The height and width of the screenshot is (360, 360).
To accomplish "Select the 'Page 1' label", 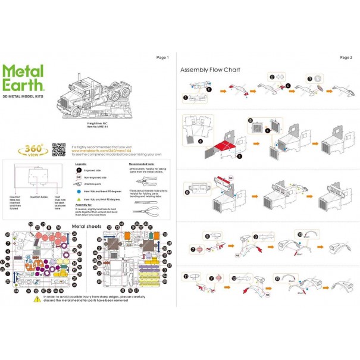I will pos(162,58).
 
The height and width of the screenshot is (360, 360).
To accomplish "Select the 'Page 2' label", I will pos(346,58).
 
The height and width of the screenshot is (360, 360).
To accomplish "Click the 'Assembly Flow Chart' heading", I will pos(210,70).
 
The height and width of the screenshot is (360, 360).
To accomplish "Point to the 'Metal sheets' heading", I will pos(87,227).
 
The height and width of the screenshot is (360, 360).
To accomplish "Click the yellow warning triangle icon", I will pos(37,300).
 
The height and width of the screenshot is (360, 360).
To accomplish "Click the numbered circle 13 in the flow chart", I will pos(277,277).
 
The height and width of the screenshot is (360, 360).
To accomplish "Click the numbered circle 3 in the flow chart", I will pos(310,79).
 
